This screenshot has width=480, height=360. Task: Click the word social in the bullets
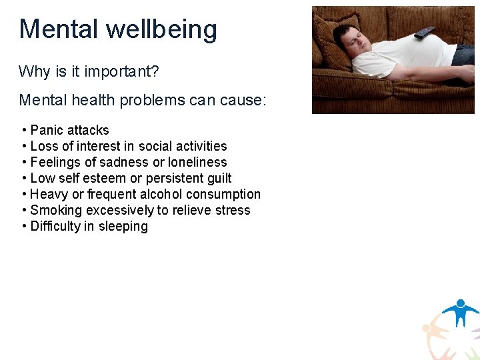point(155,146)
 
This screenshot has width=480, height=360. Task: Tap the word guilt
point(218,178)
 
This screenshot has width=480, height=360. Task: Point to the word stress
point(233,210)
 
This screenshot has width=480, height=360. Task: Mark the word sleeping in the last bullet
point(123,227)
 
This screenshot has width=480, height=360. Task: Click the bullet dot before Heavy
point(24,194)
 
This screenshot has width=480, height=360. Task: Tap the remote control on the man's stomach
point(424,32)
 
